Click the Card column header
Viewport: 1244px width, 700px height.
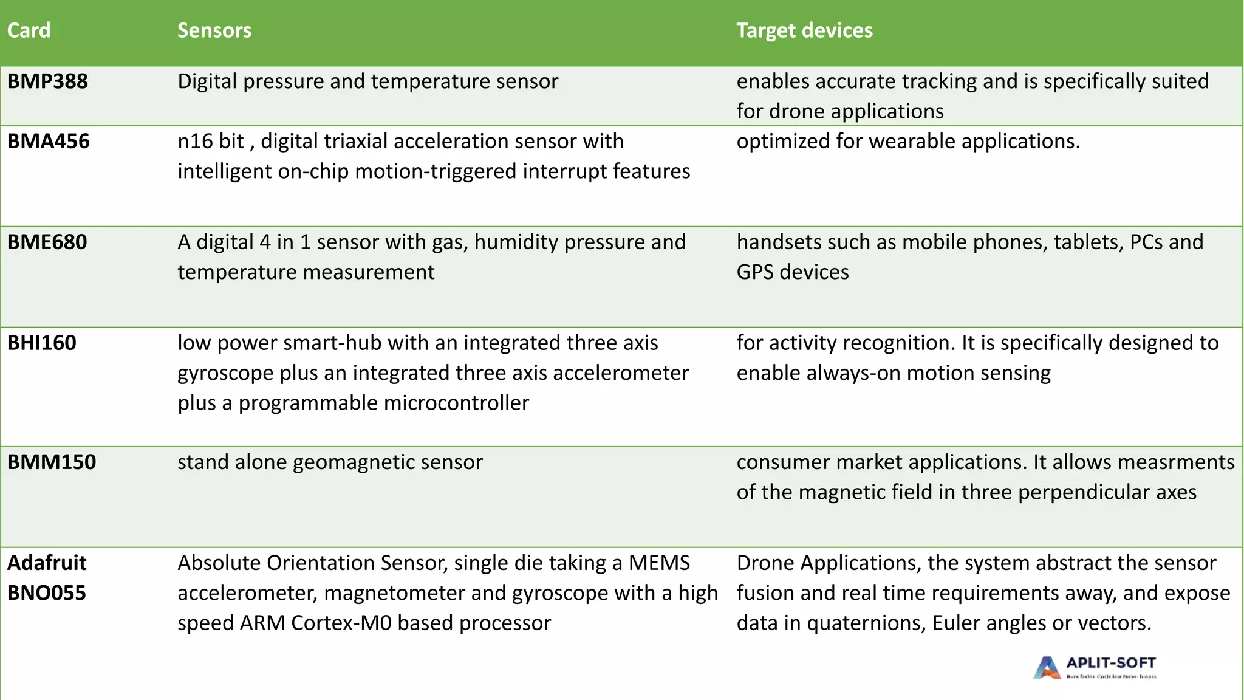(29, 30)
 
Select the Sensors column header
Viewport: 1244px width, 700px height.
(214, 30)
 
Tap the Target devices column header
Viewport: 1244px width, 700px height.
(804, 30)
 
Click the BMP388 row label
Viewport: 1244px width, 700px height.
(47, 81)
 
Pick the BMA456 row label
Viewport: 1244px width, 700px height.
(48, 142)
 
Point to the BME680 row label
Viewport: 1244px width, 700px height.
(47, 242)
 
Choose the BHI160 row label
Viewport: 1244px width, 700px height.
(41, 343)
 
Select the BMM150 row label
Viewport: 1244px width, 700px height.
(51, 462)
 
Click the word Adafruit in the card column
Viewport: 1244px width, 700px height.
(46, 563)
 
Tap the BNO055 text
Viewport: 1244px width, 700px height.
(46, 593)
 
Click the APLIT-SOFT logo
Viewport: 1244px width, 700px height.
(1094, 667)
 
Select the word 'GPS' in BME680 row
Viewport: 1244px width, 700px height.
(755, 272)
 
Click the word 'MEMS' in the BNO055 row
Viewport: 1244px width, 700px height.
(659, 563)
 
